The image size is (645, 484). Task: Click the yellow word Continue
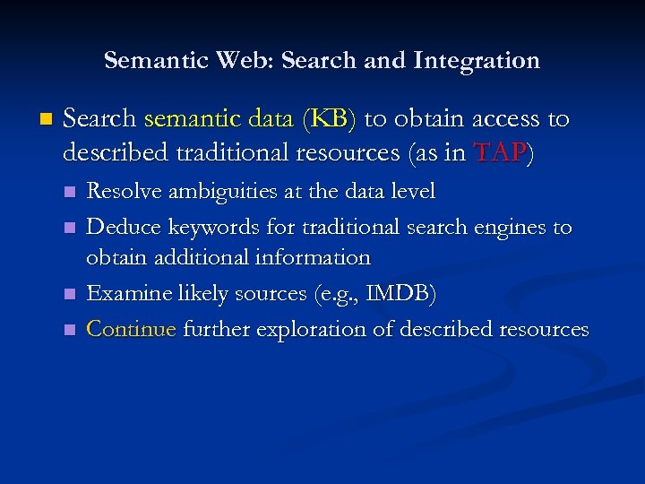[132, 329]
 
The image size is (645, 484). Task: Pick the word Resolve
[123, 191]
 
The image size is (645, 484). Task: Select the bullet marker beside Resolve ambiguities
[70, 192]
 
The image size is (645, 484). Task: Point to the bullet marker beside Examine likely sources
[70, 294]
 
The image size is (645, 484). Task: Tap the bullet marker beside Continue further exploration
[70, 330]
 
